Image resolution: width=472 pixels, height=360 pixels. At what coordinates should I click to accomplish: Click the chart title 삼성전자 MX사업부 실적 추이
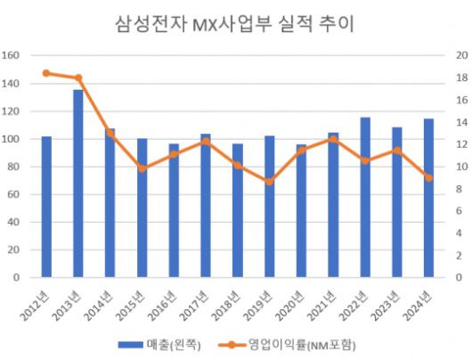point(235,24)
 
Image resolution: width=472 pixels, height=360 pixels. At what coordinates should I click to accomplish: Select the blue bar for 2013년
point(78,184)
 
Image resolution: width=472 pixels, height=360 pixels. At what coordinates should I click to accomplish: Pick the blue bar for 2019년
point(270,206)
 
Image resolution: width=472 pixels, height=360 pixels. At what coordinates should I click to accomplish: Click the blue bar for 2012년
point(46,207)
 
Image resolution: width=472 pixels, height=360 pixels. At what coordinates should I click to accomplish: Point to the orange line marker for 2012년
point(46,73)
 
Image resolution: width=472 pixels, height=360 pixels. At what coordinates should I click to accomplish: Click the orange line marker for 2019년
point(270,181)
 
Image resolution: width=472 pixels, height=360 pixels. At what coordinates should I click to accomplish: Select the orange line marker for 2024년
point(428,177)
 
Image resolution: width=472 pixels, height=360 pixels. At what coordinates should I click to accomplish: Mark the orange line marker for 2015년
point(142,168)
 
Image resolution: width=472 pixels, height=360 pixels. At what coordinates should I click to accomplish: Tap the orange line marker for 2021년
point(333,139)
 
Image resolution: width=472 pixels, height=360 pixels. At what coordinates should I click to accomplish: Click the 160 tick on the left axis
point(12,55)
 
